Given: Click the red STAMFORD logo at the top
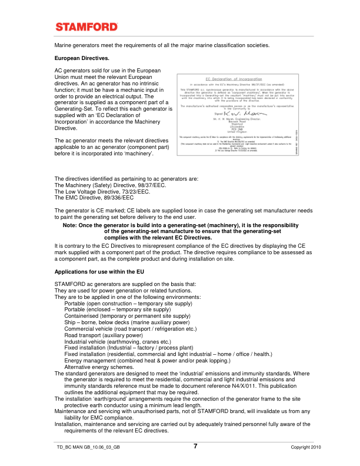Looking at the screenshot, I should pyautogui.click(x=86, y=27).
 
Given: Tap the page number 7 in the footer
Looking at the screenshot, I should pyautogui.click(x=195, y=446).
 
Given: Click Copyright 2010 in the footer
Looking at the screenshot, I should pyautogui.click(x=306, y=448).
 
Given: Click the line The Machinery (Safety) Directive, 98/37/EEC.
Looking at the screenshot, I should pyautogui.click(x=110, y=185).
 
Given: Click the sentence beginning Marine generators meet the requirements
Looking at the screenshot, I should pyautogui.click(x=162, y=45).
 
